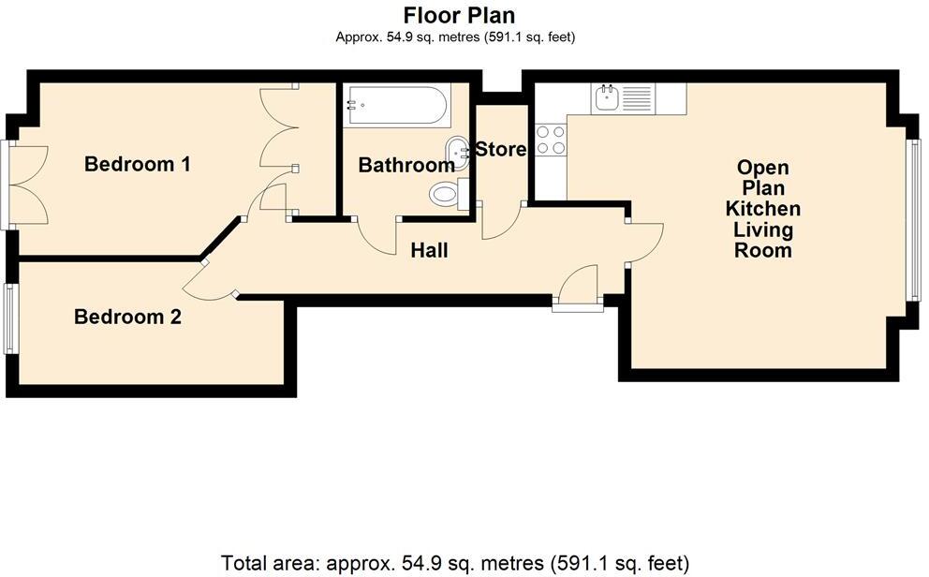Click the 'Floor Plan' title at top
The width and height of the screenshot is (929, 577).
[459, 15]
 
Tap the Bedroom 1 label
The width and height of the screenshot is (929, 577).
[138, 165]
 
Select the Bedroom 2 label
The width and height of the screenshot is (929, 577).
[127, 318]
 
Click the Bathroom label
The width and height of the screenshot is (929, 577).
[406, 166]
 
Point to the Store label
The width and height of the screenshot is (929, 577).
[501, 149]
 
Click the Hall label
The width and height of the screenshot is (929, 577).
[429, 251]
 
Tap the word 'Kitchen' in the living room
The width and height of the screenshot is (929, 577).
[763, 209]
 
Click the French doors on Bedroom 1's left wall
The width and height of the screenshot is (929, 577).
[26, 185]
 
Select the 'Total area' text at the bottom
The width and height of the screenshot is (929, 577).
[454, 564]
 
